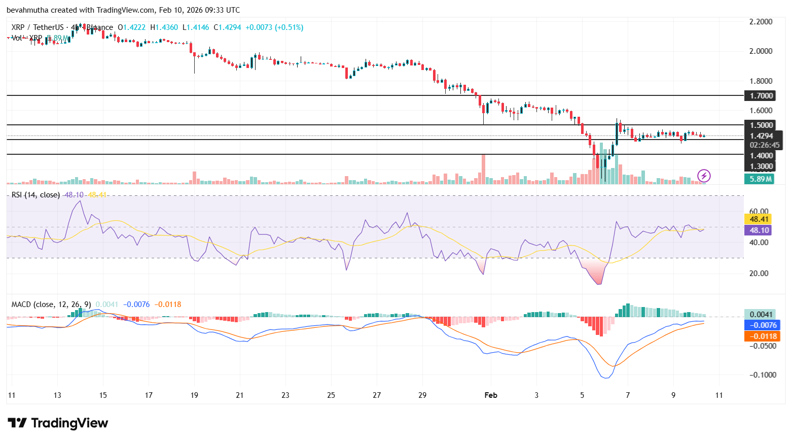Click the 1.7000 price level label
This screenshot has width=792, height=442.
point(761,95)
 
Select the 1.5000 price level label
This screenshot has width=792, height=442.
point(761,125)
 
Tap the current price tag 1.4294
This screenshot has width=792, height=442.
point(761,135)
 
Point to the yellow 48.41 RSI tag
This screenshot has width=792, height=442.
point(759,219)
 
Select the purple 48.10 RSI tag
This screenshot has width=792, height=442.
point(759,230)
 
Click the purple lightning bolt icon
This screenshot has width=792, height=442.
point(704,176)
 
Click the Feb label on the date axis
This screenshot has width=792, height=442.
point(491,395)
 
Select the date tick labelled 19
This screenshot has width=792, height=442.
point(194,395)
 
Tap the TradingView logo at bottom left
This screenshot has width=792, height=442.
point(58,423)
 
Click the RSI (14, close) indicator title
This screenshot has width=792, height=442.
point(35,195)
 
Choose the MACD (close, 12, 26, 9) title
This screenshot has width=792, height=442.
point(51,304)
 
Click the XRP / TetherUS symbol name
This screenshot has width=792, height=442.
point(38,27)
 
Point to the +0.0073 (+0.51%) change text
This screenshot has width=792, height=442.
point(274,27)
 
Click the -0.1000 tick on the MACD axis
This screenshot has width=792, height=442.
point(764,375)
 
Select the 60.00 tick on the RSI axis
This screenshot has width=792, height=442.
point(759,211)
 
